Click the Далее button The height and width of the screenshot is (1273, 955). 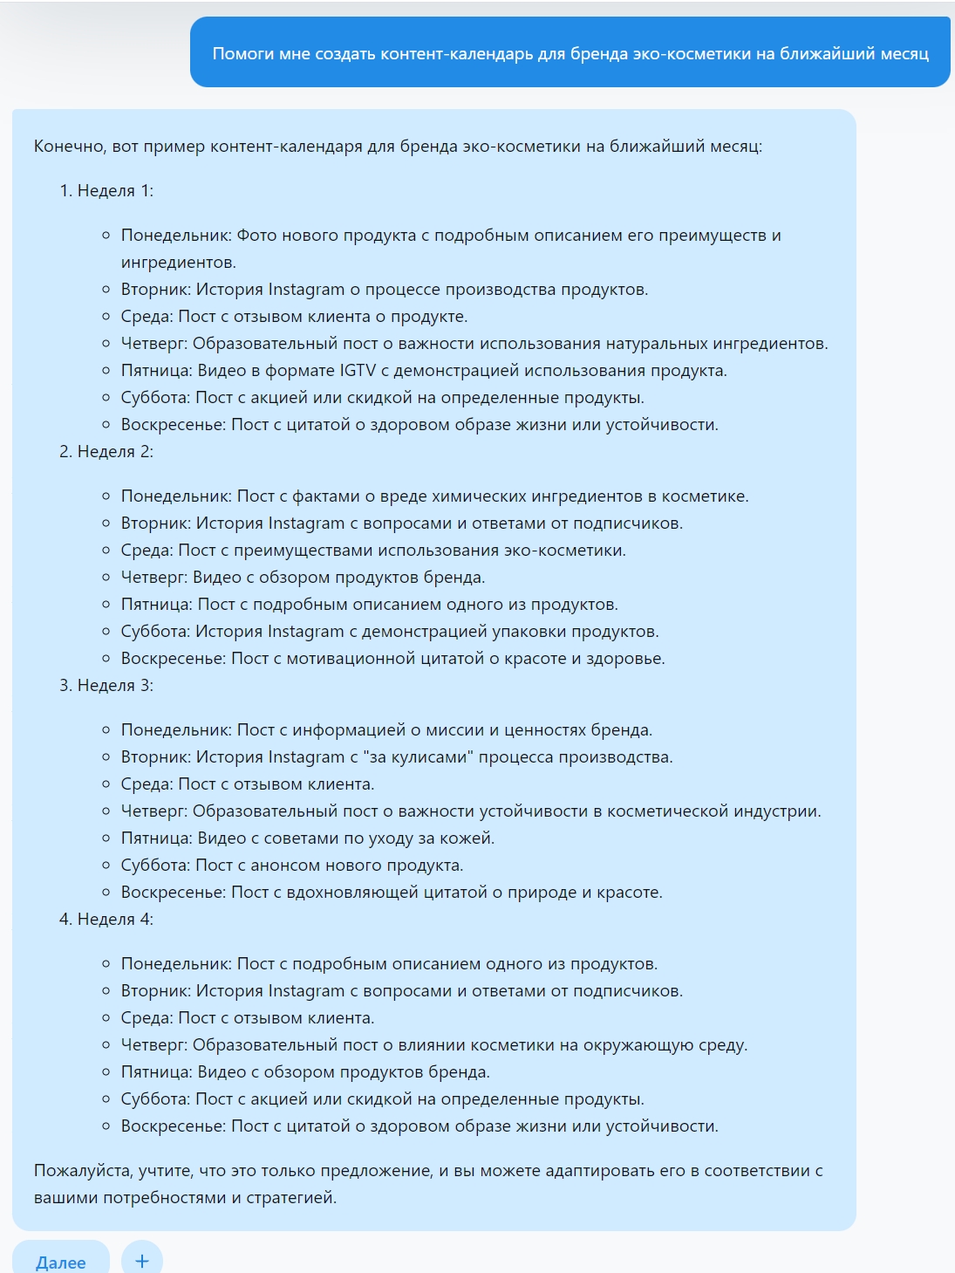(x=60, y=1262)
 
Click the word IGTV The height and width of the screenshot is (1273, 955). (x=358, y=370)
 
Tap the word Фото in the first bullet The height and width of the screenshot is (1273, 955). (x=256, y=235)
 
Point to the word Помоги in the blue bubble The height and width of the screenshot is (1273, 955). (x=242, y=53)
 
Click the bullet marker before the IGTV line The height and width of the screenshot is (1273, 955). (x=106, y=371)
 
